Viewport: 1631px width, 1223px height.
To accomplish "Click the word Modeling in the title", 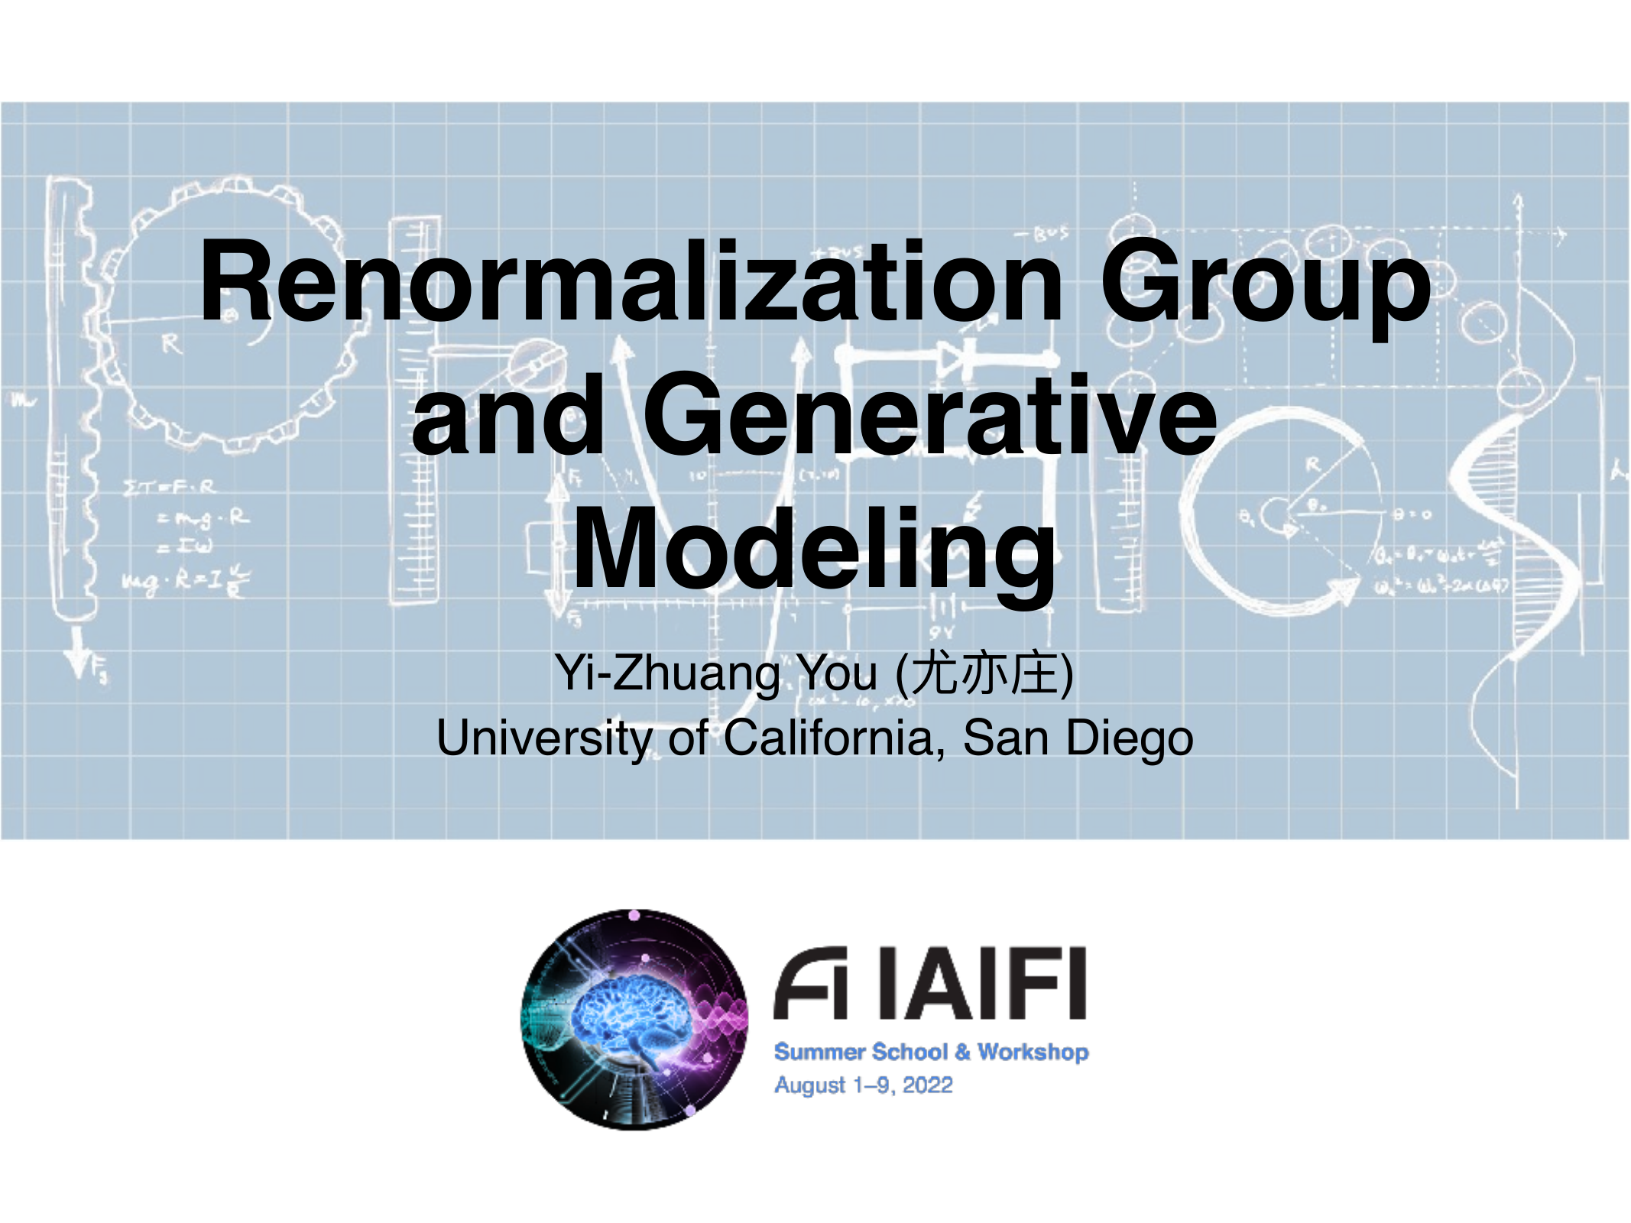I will click(815, 550).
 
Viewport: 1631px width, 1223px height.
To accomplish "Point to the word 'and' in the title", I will click(509, 417).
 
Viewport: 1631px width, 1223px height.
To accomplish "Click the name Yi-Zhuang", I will click(668, 674).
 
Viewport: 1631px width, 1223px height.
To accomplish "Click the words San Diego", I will click(1078, 738).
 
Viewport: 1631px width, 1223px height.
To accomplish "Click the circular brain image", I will click(634, 1020).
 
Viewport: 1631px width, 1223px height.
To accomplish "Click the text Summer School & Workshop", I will click(931, 1052).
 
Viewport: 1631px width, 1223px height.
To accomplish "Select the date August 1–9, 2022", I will click(864, 1085).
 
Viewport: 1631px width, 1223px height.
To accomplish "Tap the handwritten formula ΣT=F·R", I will click(170, 487).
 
